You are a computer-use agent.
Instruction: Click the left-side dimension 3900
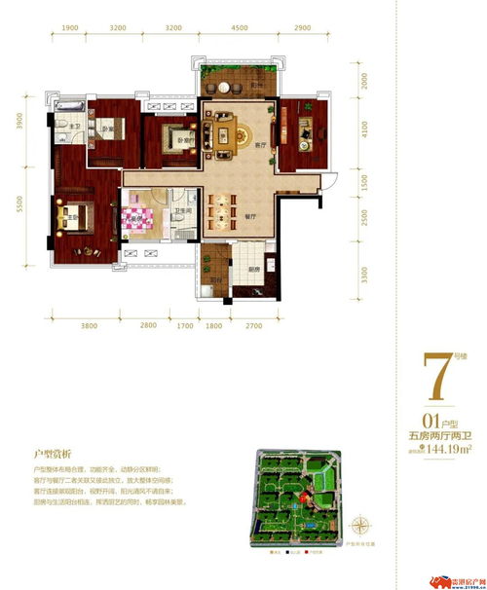[19, 121]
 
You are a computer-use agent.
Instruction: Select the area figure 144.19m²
[449, 449]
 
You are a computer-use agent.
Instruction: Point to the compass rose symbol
[362, 527]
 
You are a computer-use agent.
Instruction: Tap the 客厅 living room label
[261, 144]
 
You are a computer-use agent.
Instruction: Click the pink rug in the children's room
[143, 215]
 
